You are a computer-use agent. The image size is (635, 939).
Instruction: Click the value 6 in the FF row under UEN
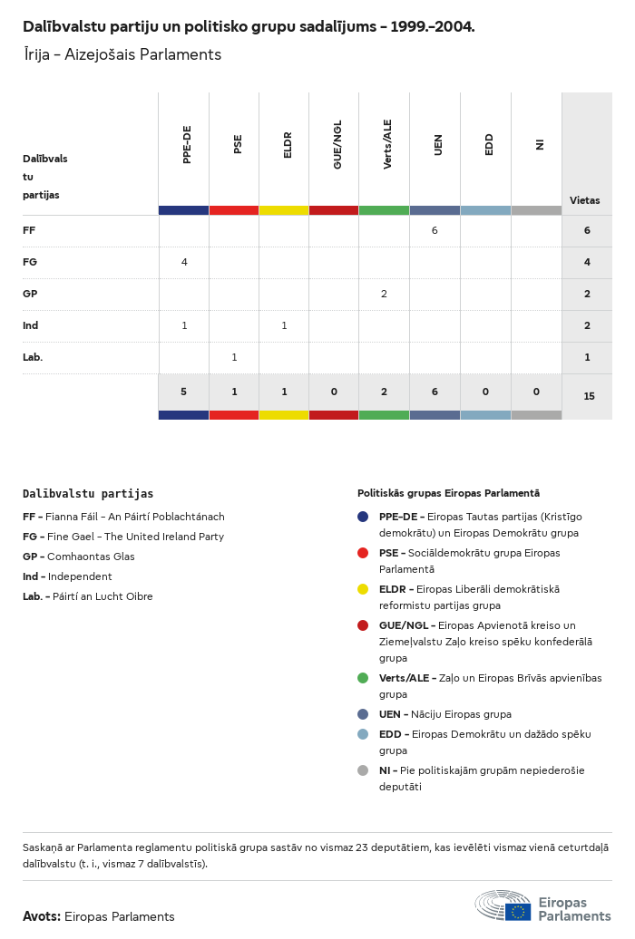(435, 230)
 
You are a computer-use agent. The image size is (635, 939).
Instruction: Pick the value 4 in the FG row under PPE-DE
(184, 262)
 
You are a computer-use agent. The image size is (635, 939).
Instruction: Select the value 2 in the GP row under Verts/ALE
(384, 294)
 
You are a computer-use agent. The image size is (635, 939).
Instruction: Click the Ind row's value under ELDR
(284, 325)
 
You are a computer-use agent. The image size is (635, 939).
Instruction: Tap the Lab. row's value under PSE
(234, 357)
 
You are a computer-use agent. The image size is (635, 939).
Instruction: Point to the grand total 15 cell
(589, 396)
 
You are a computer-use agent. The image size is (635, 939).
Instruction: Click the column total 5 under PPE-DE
(183, 392)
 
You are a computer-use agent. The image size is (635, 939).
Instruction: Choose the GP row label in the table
(30, 294)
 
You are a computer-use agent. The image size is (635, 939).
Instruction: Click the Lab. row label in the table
(33, 357)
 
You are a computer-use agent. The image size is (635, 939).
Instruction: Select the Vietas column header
(584, 200)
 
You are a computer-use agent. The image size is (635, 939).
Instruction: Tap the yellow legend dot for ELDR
(363, 589)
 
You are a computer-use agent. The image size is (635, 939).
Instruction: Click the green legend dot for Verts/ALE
(363, 678)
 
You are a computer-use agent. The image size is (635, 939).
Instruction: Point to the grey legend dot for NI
(363, 770)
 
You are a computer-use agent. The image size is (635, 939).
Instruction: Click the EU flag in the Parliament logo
(518, 911)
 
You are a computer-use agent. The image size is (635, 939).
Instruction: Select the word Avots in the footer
(41, 916)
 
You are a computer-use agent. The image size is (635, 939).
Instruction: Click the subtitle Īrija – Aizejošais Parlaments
(122, 54)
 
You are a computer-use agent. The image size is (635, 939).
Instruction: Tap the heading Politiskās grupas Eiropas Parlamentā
(448, 493)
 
